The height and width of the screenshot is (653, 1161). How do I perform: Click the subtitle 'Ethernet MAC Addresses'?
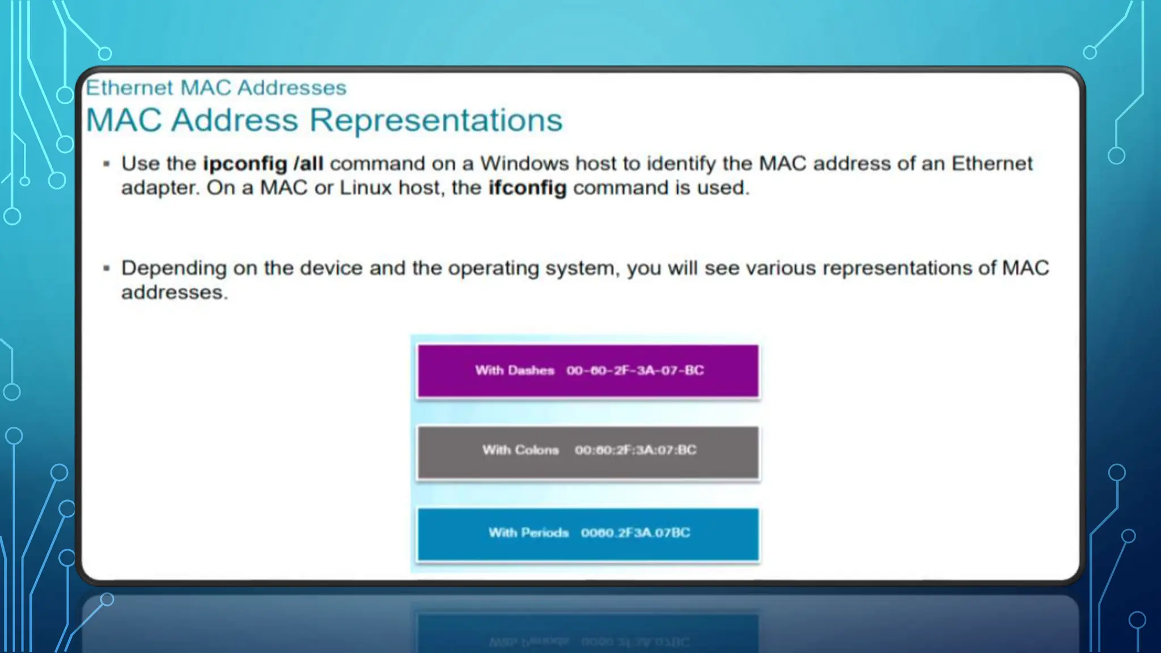(x=215, y=88)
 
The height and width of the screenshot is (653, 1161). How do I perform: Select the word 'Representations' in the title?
(x=436, y=120)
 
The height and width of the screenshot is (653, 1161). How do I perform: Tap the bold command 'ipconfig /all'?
(x=263, y=164)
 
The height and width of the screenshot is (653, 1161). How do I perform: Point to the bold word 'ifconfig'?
(x=527, y=188)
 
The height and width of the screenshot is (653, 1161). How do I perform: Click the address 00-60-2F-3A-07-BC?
(x=635, y=371)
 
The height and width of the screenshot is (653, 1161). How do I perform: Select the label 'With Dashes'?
(x=514, y=371)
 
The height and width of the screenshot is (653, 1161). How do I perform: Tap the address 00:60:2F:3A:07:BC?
(x=635, y=450)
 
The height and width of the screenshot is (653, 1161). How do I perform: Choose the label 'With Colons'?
(x=520, y=450)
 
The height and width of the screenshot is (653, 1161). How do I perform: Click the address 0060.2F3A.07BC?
(x=635, y=533)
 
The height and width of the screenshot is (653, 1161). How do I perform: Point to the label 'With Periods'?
(x=528, y=533)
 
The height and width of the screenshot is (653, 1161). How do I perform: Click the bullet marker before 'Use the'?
(x=106, y=164)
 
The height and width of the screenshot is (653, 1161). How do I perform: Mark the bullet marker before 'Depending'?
(x=106, y=268)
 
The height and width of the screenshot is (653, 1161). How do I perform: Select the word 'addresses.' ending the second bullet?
(x=174, y=292)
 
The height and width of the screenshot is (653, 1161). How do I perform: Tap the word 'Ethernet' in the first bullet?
(x=991, y=164)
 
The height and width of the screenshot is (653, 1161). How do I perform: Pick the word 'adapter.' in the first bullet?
(x=160, y=188)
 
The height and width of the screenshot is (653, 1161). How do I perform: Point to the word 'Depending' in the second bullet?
(x=173, y=268)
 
